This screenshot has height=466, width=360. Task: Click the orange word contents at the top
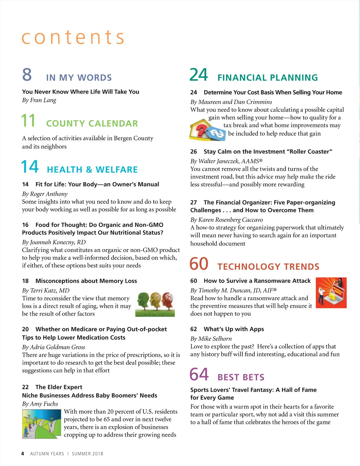click(73, 38)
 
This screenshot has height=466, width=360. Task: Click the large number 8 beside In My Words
click(27, 74)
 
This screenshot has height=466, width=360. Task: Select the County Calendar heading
click(92, 123)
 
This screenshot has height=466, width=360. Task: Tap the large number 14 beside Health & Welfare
click(30, 167)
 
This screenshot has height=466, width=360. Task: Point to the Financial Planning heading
click(268, 78)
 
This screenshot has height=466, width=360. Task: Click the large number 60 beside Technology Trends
click(199, 264)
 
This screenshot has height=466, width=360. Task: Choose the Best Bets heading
click(241, 377)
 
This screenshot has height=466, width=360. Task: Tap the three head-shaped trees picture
click(155, 304)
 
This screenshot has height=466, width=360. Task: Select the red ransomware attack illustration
click(331, 293)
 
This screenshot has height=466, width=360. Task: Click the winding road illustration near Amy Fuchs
click(42, 424)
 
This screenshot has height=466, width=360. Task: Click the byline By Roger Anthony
click(45, 194)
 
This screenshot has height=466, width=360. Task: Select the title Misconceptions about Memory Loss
click(86, 281)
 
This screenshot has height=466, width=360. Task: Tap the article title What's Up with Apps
click(234, 329)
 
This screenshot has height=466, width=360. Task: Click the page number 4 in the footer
click(23, 454)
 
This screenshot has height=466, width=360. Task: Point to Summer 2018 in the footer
click(87, 454)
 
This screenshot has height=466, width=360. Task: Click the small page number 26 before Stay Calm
click(193, 152)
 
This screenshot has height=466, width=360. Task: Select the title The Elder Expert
click(59, 387)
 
